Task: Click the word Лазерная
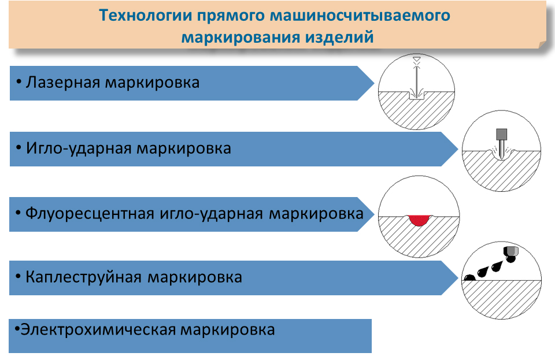click(63, 83)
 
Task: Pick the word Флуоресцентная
click(90, 214)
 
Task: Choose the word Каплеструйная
click(83, 277)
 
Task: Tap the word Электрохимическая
click(98, 330)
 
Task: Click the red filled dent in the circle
click(419, 220)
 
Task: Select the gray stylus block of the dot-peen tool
click(502, 135)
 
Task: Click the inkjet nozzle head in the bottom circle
click(511, 252)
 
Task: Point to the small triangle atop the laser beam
click(417, 59)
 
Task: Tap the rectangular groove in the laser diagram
click(417, 95)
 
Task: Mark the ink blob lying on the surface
click(469, 277)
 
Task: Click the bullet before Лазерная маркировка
click(18, 81)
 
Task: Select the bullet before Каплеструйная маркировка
click(18, 276)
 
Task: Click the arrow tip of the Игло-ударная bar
click(458, 149)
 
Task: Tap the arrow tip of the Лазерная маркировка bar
click(374, 83)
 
